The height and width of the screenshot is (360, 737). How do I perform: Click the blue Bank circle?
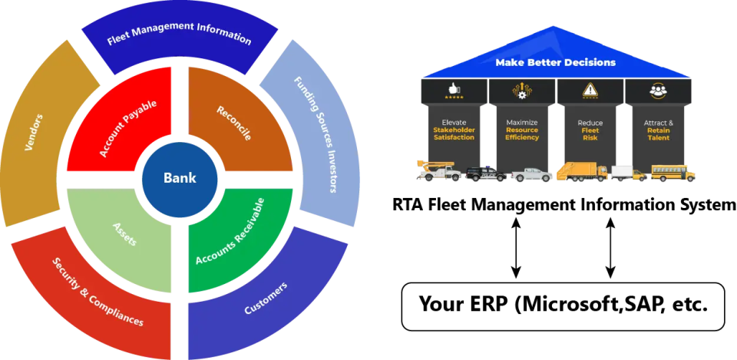click(180, 178)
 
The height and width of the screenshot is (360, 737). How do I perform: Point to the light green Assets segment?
click(125, 233)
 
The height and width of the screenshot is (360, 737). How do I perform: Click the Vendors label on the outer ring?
click(34, 132)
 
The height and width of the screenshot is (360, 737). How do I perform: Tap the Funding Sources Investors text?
click(315, 134)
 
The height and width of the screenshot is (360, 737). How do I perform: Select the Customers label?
click(266, 299)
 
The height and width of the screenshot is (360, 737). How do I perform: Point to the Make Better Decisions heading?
click(555, 62)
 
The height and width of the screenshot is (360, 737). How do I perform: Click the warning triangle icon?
click(590, 91)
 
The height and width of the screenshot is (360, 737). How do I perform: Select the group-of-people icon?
click(658, 91)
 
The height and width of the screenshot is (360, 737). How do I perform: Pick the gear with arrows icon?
click(521, 91)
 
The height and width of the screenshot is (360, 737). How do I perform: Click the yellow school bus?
click(673, 173)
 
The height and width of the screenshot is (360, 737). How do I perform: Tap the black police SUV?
click(485, 173)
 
